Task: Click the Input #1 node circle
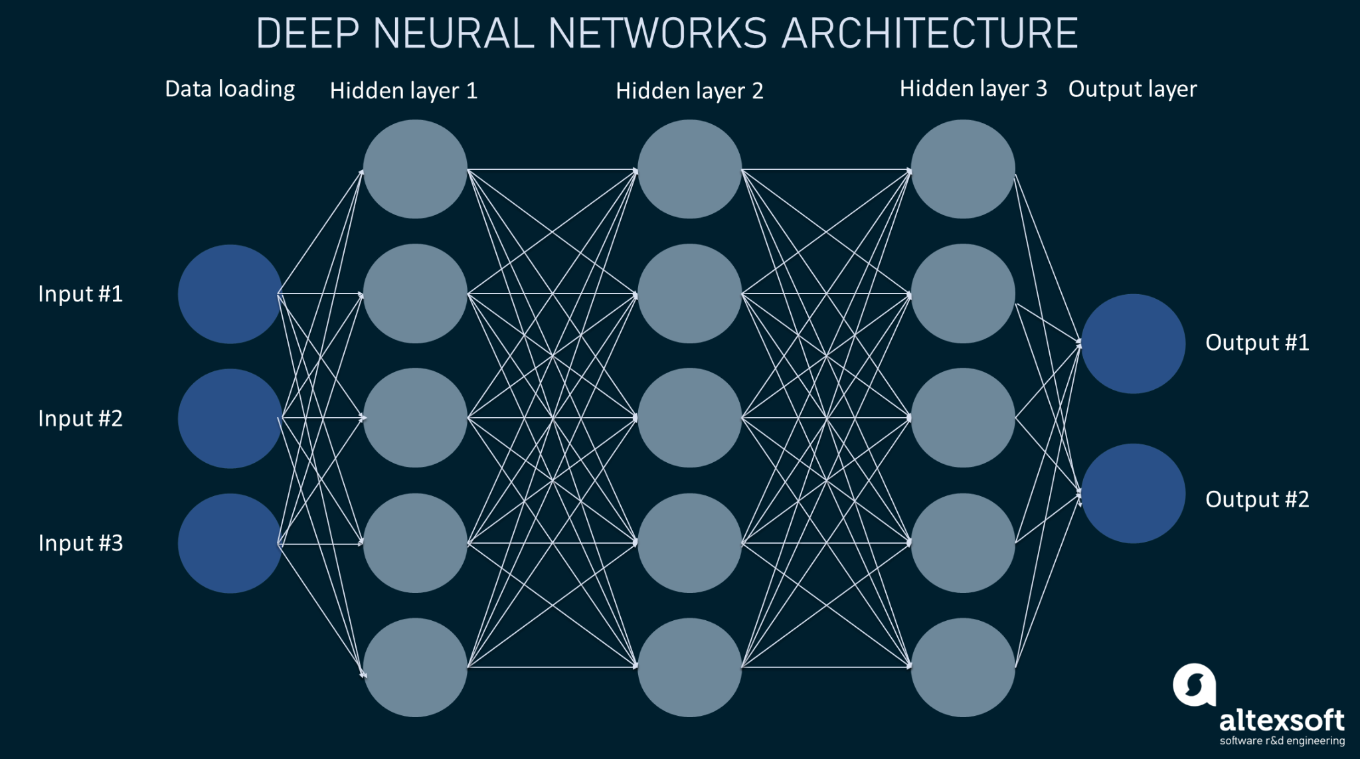tap(230, 294)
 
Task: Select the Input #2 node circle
tap(230, 418)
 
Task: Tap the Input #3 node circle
tap(230, 543)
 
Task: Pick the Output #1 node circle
tap(1133, 343)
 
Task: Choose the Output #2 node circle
tap(1133, 493)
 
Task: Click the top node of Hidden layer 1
tap(415, 169)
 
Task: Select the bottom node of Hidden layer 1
tap(415, 667)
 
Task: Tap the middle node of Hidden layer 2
tap(689, 418)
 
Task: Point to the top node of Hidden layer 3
tap(963, 169)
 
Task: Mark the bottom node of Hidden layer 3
tap(963, 667)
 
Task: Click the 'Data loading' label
tap(230, 89)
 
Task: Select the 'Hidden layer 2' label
tap(689, 91)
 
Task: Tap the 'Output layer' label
tap(1132, 89)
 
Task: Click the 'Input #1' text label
tap(80, 294)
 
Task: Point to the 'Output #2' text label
tap(1257, 499)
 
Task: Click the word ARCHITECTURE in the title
tap(930, 33)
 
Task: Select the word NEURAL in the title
tap(453, 33)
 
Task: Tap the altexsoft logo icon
tap(1194, 685)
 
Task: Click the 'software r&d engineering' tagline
tap(1282, 740)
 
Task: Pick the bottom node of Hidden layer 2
tap(689, 667)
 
